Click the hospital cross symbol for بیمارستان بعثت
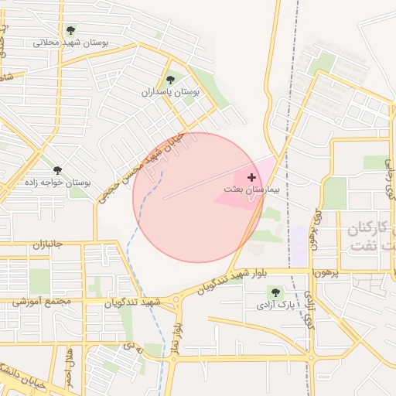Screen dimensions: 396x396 (x=251, y=178)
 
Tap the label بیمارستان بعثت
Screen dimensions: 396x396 (x=254, y=189)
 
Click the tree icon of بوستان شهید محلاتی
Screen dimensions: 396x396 (x=70, y=31)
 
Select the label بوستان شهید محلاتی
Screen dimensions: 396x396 (x=71, y=43)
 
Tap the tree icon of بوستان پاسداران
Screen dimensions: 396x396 (x=170, y=80)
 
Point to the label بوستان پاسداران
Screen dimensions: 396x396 (x=170, y=91)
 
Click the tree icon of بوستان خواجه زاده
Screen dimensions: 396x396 (x=57, y=170)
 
